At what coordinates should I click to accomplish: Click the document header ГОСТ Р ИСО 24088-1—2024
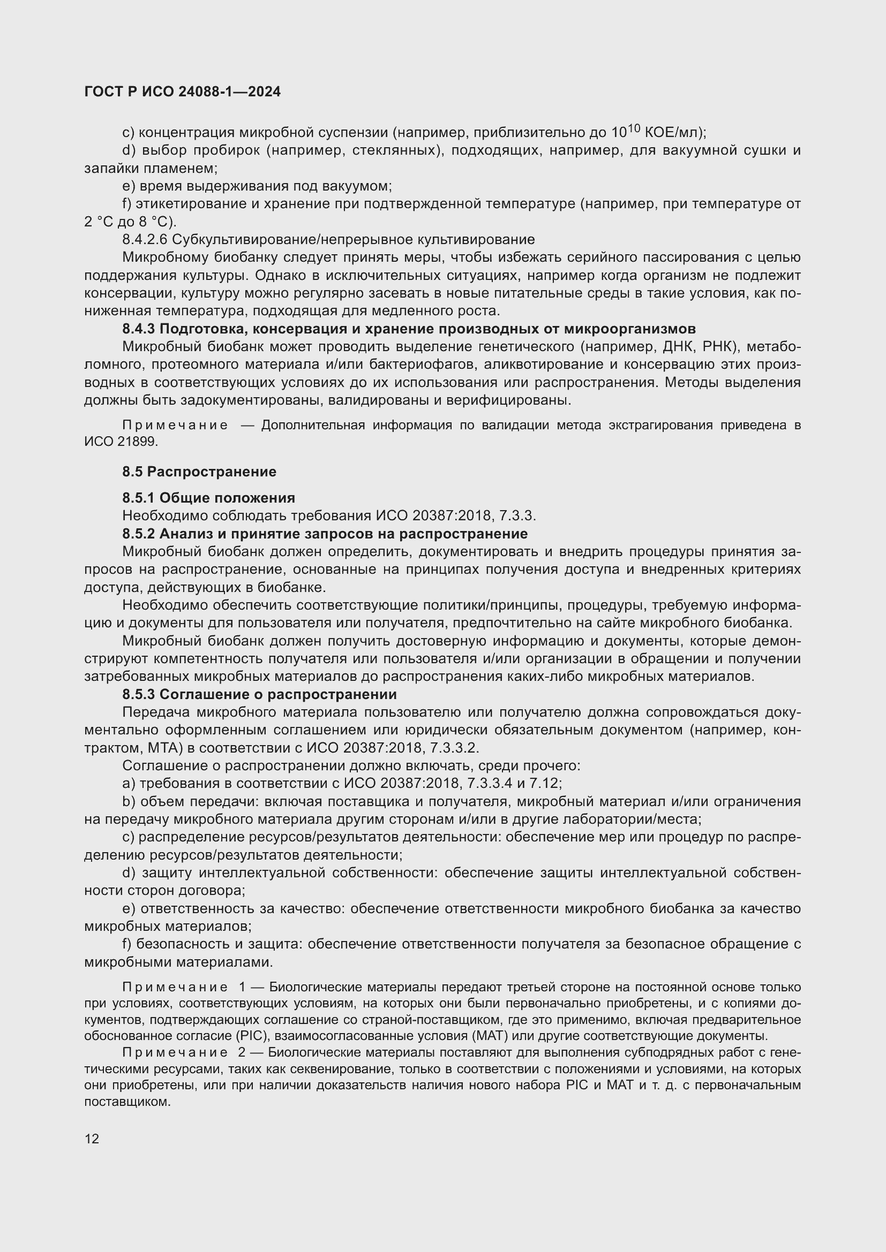(x=182, y=92)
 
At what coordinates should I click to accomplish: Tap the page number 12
(x=92, y=1139)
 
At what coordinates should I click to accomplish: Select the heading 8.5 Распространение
(x=199, y=472)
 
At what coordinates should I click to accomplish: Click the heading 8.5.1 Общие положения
(x=208, y=498)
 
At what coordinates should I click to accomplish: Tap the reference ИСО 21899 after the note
(x=121, y=442)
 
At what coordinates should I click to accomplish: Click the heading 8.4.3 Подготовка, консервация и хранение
(x=409, y=329)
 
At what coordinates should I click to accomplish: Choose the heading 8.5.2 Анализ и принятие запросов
(x=325, y=533)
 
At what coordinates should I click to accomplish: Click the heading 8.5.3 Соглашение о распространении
(x=259, y=694)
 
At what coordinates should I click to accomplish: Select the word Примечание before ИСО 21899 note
(x=175, y=426)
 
